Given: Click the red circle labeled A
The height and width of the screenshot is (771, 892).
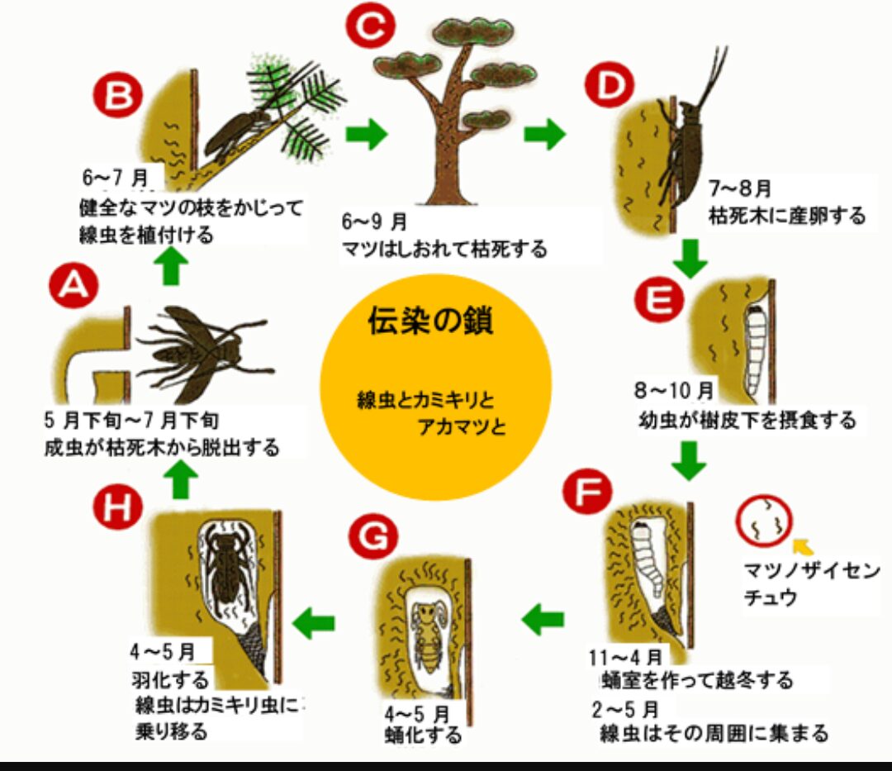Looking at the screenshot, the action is tap(74, 283).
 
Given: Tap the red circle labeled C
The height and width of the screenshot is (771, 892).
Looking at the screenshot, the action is tap(370, 25).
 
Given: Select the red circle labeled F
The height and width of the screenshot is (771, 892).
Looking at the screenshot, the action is tap(586, 491).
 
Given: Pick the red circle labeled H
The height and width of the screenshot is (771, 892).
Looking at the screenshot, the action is tap(117, 505).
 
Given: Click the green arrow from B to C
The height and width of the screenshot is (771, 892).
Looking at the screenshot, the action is tap(367, 135).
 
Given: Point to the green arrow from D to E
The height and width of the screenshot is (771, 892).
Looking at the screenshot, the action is tap(690, 259).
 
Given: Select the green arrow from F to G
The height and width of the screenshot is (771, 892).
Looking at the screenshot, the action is tap(543, 619).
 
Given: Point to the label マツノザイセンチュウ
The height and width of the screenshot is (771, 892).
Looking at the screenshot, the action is tap(811, 583).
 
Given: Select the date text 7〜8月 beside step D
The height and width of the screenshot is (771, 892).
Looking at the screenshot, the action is tap(740, 188).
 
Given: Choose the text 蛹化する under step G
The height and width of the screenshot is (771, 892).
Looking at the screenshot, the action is tap(423, 735).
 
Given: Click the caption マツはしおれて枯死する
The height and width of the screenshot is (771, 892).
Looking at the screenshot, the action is tap(444, 249).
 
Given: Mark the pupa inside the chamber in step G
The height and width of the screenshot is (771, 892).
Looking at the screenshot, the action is tap(427, 635).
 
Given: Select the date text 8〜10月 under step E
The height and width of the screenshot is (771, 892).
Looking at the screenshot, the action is tap(674, 391).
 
